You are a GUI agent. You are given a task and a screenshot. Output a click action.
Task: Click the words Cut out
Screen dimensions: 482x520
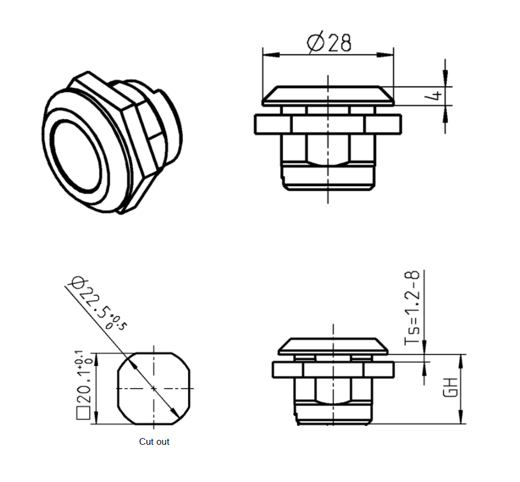[154, 441]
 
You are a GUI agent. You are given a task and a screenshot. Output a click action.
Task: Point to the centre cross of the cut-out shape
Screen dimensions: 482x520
[154, 388]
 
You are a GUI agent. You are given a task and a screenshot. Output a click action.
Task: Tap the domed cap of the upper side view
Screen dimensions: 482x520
[328, 95]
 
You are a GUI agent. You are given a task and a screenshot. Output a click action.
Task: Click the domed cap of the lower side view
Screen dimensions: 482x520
[333, 346]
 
